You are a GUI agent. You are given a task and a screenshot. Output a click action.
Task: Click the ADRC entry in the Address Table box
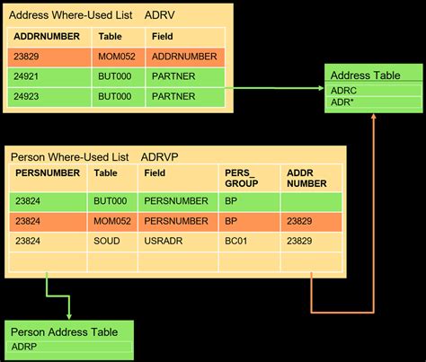tap(343, 91)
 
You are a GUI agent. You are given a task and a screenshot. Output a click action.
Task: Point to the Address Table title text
tap(366, 75)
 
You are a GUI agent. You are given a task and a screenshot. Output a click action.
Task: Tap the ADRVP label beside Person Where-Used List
tap(161, 157)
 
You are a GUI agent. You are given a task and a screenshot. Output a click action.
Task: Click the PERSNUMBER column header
tap(48, 172)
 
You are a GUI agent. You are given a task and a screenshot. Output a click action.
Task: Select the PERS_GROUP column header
tap(238, 177)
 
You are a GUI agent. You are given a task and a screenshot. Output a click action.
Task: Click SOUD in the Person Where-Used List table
tap(106, 241)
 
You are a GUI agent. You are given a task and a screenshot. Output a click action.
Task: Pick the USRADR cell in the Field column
tap(162, 241)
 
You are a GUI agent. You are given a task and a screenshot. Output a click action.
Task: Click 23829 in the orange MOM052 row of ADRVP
tap(299, 221)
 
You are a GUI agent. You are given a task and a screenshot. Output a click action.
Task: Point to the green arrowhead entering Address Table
tap(321, 88)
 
